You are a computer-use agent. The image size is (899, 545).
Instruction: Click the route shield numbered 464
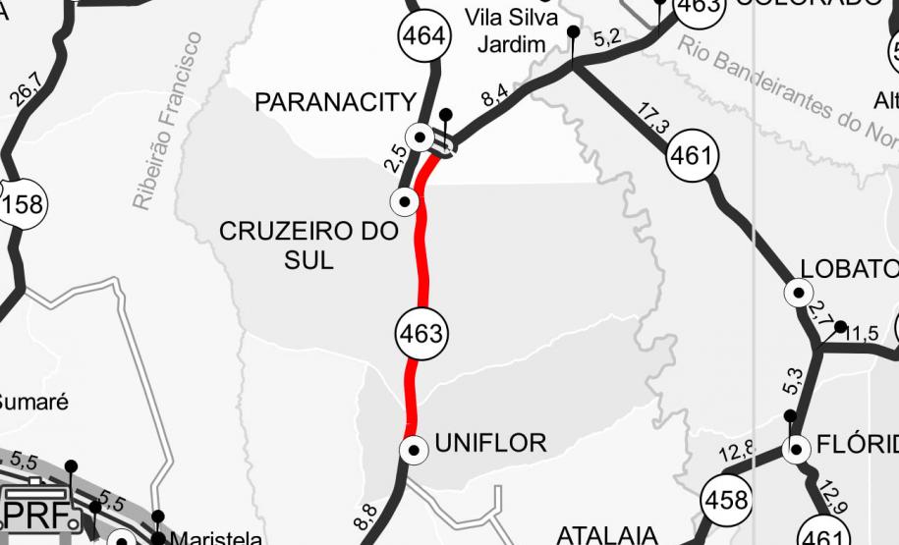(x=424, y=37)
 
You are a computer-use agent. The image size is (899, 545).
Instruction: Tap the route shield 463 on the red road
(x=422, y=333)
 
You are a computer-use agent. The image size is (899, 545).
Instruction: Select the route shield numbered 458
(x=726, y=501)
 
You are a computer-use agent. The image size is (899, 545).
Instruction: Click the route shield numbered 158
(x=22, y=204)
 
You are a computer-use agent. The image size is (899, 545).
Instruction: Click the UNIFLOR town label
(x=490, y=443)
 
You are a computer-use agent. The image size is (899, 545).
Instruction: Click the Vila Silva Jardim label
(x=511, y=29)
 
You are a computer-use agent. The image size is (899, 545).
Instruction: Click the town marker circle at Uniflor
(x=414, y=450)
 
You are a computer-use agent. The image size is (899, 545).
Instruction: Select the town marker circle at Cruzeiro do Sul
(x=405, y=201)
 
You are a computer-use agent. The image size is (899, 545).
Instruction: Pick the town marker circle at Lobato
(x=798, y=293)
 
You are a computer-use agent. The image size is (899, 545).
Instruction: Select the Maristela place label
(x=216, y=538)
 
